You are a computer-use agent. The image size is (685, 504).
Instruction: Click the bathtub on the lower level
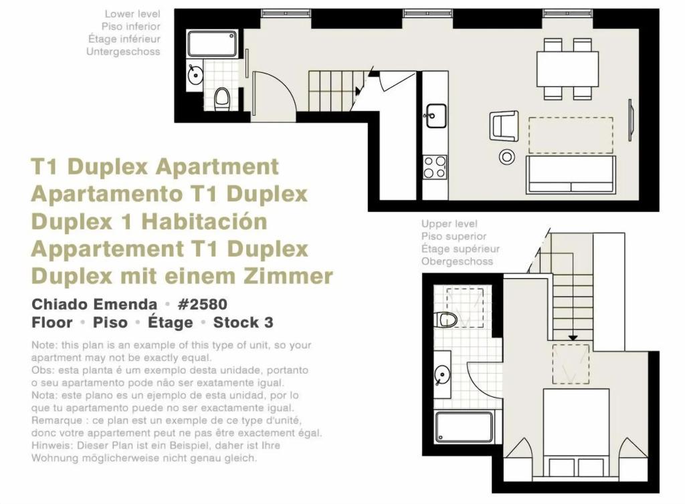coord(212,43)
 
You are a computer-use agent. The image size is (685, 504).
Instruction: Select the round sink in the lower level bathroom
coord(195,75)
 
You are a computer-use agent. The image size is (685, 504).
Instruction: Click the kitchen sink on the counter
coord(435,116)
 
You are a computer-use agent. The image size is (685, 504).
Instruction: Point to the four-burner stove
coord(435,167)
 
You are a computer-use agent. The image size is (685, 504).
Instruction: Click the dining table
coord(567,69)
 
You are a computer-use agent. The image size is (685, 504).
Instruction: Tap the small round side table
coord(507,156)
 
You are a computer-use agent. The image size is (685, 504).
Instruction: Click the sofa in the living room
coord(571,174)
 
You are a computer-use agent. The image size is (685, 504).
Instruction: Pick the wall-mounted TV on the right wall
coord(630,120)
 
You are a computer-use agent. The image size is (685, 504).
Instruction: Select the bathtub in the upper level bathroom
coord(464,426)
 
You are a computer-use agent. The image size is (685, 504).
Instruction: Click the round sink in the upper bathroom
coord(442,374)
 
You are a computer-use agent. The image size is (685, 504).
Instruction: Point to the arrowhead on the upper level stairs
coord(573,338)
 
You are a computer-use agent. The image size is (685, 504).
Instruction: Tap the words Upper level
coord(449,224)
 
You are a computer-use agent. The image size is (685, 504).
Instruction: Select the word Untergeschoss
coord(123,51)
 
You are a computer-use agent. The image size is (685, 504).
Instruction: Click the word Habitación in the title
coord(204,221)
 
